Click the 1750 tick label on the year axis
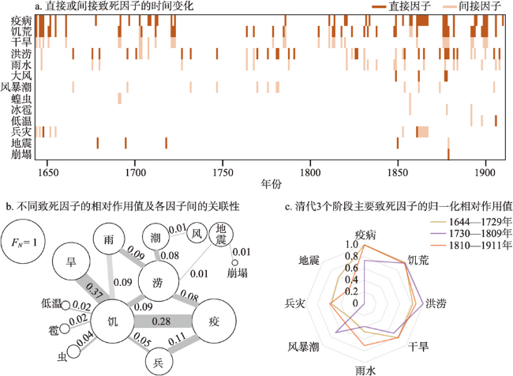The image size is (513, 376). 223,171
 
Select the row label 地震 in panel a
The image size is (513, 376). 22,143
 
